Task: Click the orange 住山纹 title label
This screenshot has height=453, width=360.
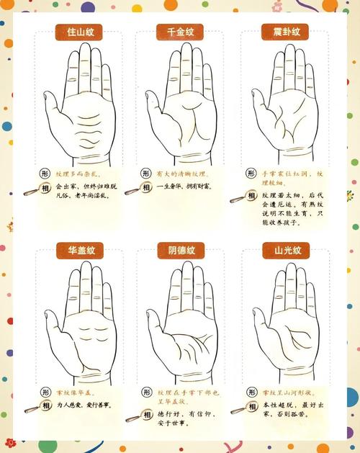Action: pos(79,32)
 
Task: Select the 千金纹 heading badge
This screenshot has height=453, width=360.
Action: pos(180,32)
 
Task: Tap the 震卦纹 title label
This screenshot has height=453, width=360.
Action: pos(281,32)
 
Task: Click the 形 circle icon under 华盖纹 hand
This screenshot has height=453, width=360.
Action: pos(44,392)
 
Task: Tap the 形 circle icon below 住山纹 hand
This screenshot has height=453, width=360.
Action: pos(44,174)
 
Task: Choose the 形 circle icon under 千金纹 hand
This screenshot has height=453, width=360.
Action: pos(145,174)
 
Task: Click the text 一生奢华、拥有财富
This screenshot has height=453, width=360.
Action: pos(180,186)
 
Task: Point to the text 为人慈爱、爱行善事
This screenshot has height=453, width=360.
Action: pos(82,405)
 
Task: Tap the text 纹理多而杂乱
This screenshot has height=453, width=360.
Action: pos(79,174)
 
